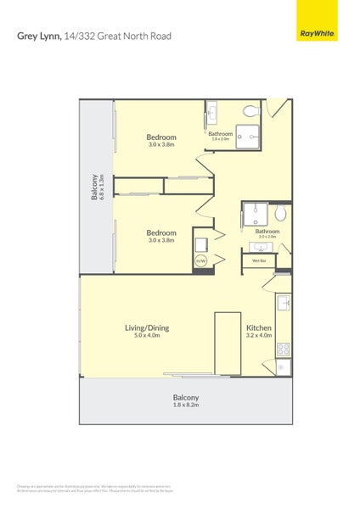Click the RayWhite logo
(316, 34)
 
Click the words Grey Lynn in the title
(38, 36)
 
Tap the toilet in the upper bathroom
(250, 111)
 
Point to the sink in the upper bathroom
(212, 112)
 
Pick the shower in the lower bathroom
(256, 213)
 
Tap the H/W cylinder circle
(201, 260)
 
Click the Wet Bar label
(259, 260)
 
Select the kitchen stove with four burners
(283, 349)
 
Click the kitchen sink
(283, 302)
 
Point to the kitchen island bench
(228, 343)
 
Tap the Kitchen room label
(259, 327)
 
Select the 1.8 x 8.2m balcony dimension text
(186, 406)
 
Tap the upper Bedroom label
(161, 137)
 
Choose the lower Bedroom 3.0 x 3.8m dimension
(161, 240)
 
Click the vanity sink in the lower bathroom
(260, 247)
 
